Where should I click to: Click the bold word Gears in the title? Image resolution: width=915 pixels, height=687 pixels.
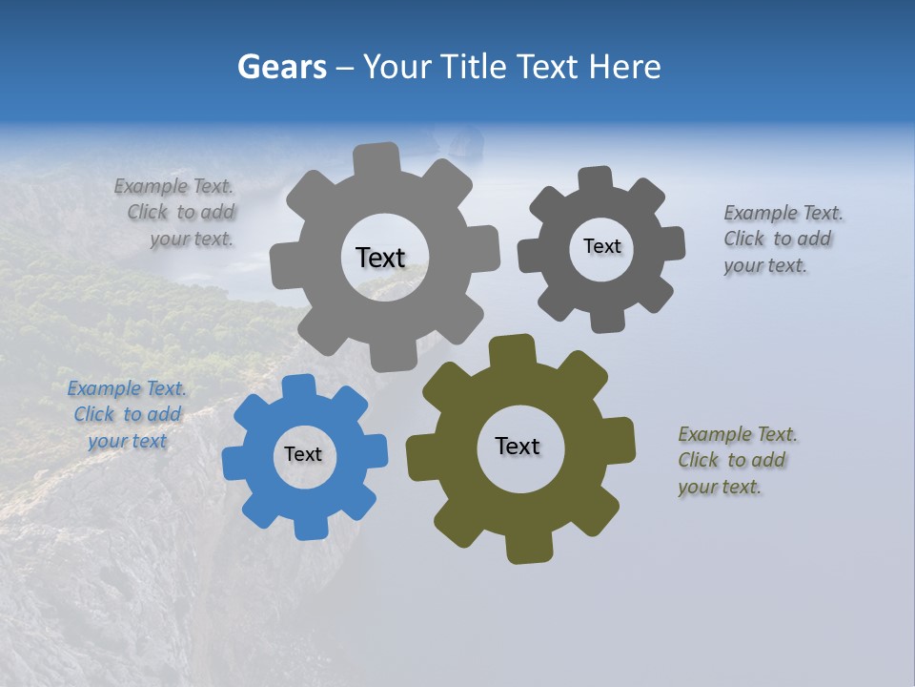(281, 67)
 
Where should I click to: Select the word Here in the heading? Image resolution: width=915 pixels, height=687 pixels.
(624, 67)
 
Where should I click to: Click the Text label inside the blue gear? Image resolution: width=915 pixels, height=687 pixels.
(303, 455)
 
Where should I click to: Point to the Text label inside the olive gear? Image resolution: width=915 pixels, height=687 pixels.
(518, 447)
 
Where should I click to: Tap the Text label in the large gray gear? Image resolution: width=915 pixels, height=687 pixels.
(380, 258)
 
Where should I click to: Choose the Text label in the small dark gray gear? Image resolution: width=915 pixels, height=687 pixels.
(601, 246)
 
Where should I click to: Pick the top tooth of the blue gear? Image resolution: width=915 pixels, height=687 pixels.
(298, 387)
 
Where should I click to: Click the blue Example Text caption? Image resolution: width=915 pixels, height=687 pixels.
(127, 415)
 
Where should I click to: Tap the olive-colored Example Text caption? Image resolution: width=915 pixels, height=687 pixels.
(737, 461)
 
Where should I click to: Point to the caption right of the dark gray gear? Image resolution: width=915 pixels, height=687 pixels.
(783, 239)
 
